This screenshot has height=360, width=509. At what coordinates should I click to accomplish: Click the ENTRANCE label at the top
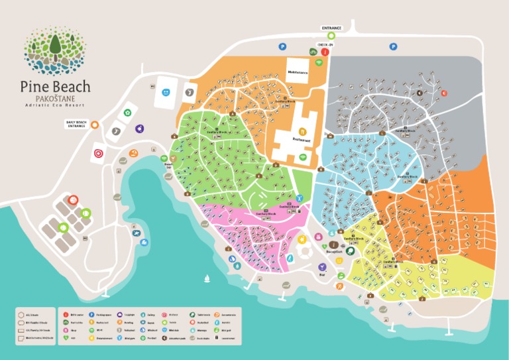[x=331, y=28]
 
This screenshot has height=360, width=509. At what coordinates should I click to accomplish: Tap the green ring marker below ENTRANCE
[x=331, y=36]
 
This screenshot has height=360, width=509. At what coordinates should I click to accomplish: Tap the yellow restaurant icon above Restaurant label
[x=302, y=131]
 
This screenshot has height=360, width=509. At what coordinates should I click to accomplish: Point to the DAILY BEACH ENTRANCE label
[x=76, y=124]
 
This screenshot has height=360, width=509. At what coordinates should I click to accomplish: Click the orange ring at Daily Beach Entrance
[x=95, y=124]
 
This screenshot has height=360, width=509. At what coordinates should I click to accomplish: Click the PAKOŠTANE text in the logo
[x=55, y=98]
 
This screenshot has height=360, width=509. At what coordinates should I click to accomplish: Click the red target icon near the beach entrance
[x=99, y=153]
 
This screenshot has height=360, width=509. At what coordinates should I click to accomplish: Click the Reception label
[x=335, y=252]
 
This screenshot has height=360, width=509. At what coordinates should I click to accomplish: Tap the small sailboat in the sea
[x=207, y=278]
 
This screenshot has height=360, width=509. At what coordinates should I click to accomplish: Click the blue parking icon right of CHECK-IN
[x=393, y=46]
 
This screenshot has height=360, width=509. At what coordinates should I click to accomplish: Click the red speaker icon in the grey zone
[x=444, y=93]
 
